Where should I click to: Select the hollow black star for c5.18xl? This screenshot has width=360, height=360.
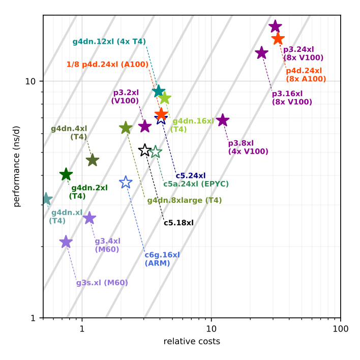click(x=145, y=150)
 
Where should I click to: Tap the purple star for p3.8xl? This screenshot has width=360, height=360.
click(x=223, y=120)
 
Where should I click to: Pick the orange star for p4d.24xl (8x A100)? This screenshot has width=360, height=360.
click(x=278, y=39)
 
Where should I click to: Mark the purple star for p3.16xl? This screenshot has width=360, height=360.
click(x=261, y=53)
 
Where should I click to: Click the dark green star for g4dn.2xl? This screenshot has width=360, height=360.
click(x=66, y=175)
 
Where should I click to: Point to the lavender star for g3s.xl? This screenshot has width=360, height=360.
click(x=66, y=242)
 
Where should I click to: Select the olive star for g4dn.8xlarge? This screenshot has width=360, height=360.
click(x=126, y=128)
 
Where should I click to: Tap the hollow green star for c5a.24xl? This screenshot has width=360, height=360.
click(x=156, y=152)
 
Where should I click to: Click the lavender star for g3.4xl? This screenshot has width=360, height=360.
click(x=89, y=218)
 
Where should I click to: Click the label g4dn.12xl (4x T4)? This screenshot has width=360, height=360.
click(x=109, y=42)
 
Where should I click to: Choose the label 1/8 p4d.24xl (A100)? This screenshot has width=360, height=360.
click(x=107, y=65)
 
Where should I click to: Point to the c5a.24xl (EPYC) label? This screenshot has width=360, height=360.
click(x=196, y=184)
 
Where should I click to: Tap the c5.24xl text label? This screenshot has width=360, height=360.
click(x=190, y=176)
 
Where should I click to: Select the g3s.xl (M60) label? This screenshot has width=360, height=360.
click(x=102, y=283)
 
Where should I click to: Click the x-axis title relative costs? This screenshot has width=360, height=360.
click(x=192, y=342)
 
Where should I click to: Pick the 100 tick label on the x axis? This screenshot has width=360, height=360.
click(x=340, y=329)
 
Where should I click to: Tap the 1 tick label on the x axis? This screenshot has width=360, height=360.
click(x=82, y=329)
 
